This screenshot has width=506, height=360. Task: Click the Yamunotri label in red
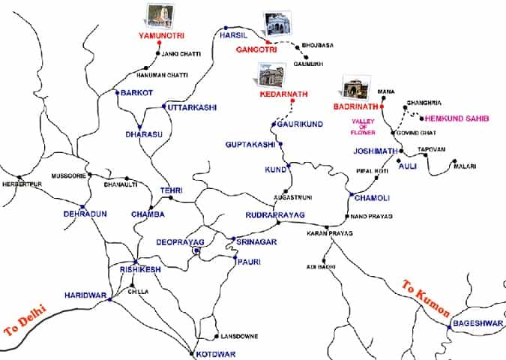[161, 35]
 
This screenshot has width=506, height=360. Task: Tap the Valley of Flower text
[363, 127]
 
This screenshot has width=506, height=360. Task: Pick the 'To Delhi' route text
[26, 319]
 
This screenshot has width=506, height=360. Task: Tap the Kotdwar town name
[211, 353]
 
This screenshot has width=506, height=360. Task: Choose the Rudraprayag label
[275, 215]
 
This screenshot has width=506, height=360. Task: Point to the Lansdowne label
[237, 336]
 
